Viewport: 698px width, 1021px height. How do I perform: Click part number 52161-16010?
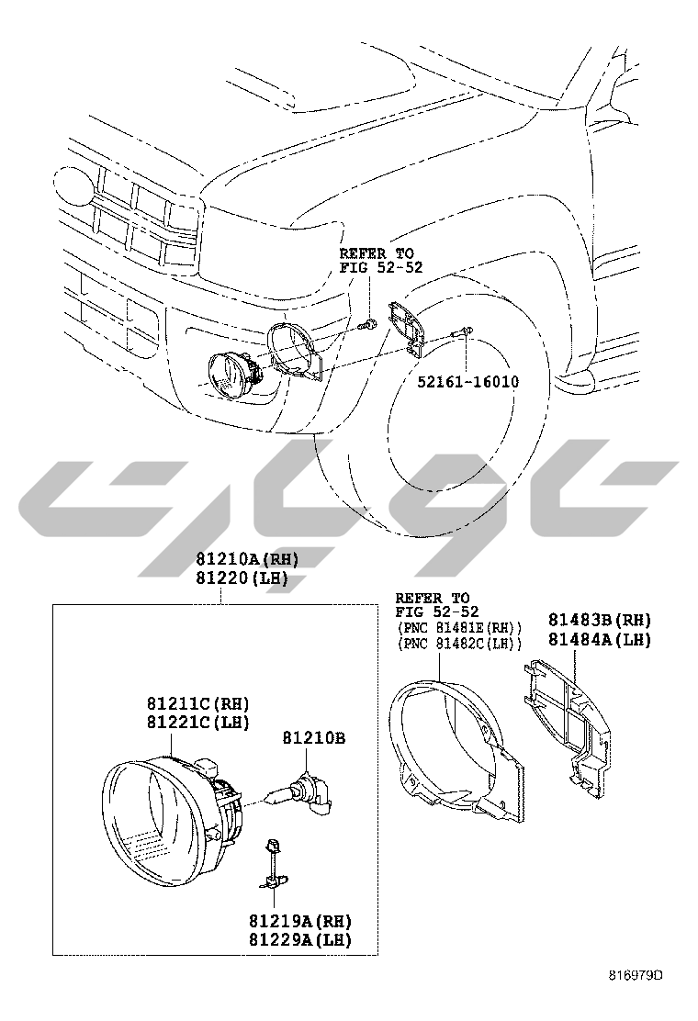(468, 382)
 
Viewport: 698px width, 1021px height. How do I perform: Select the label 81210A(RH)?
(247, 559)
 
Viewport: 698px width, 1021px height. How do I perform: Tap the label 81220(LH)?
(242, 578)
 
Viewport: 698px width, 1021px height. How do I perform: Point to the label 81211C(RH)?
(197, 704)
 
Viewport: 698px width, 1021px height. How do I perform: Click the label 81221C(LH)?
(197, 722)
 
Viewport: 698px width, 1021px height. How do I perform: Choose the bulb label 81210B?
(314, 738)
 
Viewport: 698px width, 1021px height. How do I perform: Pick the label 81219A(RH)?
(299, 921)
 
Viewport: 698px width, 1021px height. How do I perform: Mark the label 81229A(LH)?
(299, 939)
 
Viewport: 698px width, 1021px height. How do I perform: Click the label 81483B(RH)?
(599, 620)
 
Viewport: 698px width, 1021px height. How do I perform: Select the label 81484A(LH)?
(599, 639)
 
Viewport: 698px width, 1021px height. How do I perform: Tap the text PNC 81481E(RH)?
(460, 628)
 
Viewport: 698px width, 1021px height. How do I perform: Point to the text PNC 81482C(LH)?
(460, 644)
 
